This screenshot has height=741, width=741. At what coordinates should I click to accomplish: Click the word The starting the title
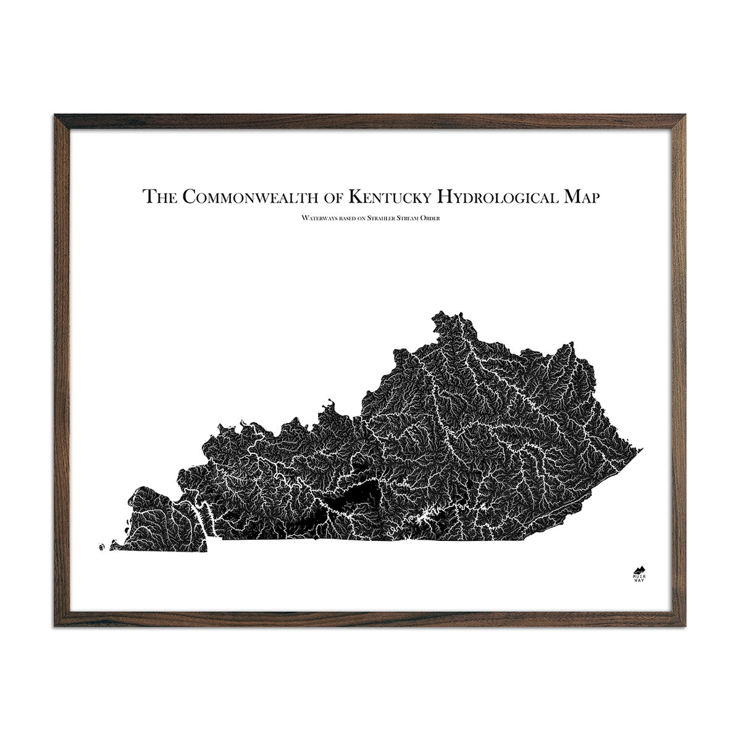pos(162,196)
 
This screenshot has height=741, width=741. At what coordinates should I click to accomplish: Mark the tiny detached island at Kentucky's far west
pos(101,546)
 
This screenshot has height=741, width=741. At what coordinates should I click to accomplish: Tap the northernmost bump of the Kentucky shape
pos(440,314)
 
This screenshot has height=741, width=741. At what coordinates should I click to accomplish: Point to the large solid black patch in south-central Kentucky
pos(352,495)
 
